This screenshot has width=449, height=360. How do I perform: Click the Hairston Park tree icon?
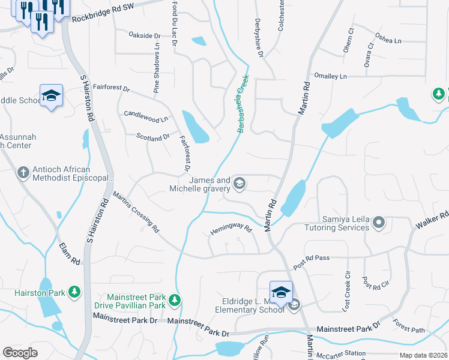pyautogui.click(x=74, y=292)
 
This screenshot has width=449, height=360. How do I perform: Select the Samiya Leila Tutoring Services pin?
pyautogui.click(x=378, y=223)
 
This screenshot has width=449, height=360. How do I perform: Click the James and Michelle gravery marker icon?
pyautogui.click(x=239, y=184)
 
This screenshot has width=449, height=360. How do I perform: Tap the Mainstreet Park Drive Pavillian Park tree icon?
pyautogui.click(x=174, y=299)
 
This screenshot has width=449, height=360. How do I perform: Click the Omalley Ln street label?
pyautogui.click(x=331, y=76)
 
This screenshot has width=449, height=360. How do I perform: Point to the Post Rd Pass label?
pyautogui.click(x=312, y=259)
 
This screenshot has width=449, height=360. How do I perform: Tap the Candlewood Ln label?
pyautogui.click(x=146, y=116)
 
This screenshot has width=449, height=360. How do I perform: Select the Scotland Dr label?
pyautogui.click(x=153, y=138)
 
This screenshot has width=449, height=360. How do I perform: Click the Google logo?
pyautogui.click(x=20, y=353)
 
